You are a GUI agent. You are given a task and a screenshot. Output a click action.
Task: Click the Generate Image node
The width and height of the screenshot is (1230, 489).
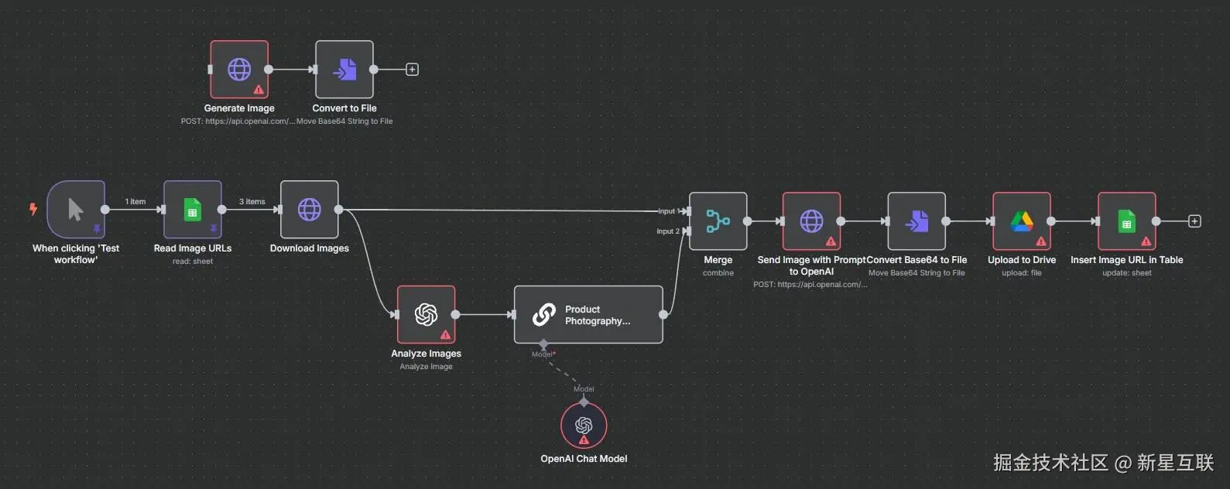point(239,70)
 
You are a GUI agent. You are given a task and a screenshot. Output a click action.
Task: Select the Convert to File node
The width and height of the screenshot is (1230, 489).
point(344,70)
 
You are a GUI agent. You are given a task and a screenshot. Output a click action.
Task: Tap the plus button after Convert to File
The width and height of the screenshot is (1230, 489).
point(413,70)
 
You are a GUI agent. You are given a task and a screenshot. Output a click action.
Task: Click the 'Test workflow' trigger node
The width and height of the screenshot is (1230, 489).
point(76,209)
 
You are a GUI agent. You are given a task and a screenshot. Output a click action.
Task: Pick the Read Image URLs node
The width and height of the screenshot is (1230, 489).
point(193,209)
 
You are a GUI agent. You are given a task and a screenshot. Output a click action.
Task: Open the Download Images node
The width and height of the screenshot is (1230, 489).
point(310,209)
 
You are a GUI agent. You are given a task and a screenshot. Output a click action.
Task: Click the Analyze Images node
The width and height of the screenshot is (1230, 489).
point(426,314)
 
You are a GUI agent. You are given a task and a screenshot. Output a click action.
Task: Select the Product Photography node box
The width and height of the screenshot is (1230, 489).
point(588,314)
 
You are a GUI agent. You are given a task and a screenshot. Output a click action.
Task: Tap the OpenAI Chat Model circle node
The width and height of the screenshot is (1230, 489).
point(584,426)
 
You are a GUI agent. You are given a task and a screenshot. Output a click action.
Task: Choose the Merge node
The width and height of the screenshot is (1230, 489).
point(718,221)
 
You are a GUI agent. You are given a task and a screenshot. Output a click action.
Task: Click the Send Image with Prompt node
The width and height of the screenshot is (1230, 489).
point(811,221)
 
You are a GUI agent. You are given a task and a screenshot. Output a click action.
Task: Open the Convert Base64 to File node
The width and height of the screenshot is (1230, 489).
point(917,221)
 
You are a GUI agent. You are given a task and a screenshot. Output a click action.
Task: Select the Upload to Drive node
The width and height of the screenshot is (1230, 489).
point(1022,221)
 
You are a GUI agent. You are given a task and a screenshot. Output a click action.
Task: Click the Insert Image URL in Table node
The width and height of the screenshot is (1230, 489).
point(1126,221)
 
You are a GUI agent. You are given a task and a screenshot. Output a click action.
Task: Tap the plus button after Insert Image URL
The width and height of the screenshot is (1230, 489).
point(1194,221)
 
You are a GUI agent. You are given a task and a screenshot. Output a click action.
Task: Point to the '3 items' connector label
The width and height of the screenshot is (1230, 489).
point(252,201)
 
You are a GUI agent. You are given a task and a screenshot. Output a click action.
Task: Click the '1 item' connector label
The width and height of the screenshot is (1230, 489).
point(135,201)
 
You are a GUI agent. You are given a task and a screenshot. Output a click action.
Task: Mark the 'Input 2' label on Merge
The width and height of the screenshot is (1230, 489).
point(667,231)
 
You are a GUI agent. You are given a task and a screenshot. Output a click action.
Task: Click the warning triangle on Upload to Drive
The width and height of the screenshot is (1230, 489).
point(1041,241)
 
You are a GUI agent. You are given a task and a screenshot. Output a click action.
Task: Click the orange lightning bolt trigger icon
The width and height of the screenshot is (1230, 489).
point(33,208)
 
